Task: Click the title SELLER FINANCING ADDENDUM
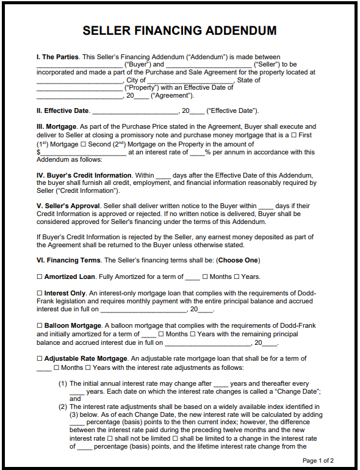click(179, 31)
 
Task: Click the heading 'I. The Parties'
click(57, 57)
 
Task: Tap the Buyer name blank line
click(79, 65)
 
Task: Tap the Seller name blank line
click(208, 65)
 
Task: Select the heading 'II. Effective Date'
click(63, 110)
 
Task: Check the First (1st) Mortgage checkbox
click(295, 135)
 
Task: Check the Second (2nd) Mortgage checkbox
click(84, 144)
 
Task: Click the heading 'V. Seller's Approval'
click(68, 206)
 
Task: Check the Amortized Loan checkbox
click(40, 277)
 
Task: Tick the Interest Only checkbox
click(40, 294)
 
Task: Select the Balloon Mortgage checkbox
click(40, 326)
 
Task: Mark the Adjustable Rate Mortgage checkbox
click(40, 359)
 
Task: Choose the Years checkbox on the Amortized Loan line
click(237, 277)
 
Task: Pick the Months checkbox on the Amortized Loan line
click(205, 277)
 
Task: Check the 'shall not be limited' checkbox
click(110, 439)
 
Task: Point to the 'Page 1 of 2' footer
click(318, 461)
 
